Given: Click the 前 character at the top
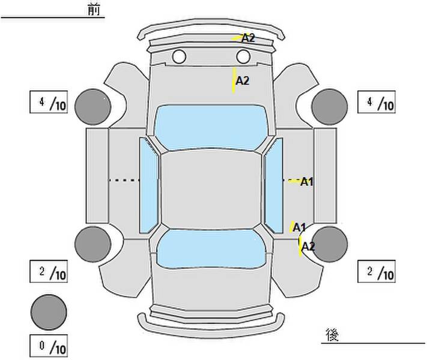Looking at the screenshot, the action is coord(94,10).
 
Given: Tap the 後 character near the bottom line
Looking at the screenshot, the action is coord(332,335).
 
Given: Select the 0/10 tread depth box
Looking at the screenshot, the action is coord(49,346).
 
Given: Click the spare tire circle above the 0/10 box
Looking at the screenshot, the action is coord(49,313).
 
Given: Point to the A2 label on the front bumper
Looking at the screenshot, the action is coord(248,38).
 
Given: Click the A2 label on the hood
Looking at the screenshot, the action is coord(243,80).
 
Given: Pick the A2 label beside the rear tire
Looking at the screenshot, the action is coord(308,247).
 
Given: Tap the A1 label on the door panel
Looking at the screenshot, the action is coord(307,182).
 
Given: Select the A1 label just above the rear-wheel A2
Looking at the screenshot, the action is coord(299,227).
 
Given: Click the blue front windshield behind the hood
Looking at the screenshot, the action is coord(211,127).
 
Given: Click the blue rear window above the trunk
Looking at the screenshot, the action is coord(211,249).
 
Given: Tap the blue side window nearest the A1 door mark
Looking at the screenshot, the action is coord(274,185).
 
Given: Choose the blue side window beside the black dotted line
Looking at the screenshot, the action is coord(149,185).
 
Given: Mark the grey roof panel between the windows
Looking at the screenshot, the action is coord(211,190).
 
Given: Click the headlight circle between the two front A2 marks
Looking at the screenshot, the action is coord(243,56).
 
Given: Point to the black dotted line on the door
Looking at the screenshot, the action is coord(124,180).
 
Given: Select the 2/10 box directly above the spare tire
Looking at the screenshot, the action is coord(49,271).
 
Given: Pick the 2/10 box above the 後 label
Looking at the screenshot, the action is coord(377,271).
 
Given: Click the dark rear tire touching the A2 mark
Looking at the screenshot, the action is coord(330,244).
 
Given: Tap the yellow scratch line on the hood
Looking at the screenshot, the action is coord(234,80).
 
